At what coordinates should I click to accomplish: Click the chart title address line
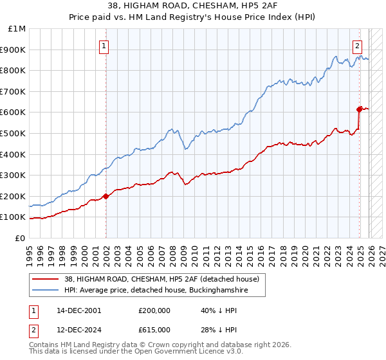point(193,6)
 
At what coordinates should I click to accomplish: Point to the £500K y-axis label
point(14,133)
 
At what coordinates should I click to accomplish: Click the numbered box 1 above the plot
point(104,46)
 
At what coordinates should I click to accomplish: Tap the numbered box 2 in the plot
point(357,46)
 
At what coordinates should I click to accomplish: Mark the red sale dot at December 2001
point(106,196)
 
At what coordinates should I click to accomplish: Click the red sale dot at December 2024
point(360,109)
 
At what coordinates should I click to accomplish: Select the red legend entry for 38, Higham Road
point(161,279)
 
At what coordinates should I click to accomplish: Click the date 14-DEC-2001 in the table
point(78,310)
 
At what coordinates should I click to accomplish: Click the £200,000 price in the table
point(154,310)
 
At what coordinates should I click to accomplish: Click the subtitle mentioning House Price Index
point(193,17)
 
